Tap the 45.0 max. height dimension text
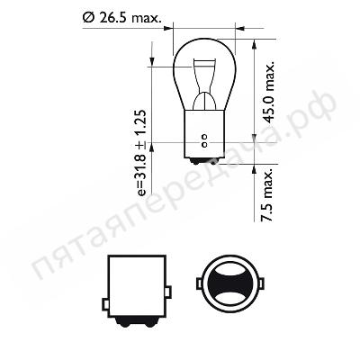point(269,93)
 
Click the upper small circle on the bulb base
point(204,137)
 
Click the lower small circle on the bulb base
point(204,145)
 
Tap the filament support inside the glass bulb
point(204,84)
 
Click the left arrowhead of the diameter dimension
point(168,29)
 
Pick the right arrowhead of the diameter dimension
point(240,29)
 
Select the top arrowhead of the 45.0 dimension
point(254,44)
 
